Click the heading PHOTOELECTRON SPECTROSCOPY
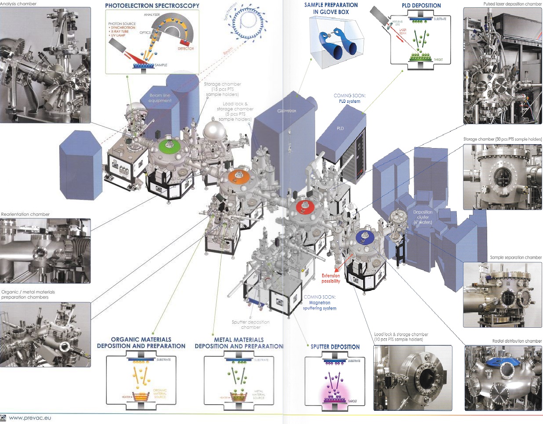152,6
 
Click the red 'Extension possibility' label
331,278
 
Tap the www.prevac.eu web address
30,418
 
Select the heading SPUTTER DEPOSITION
335,347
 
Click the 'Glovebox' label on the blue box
287,111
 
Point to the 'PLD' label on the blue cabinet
340,128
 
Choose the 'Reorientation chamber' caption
26,214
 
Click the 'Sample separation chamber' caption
516,257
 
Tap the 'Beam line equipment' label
160,98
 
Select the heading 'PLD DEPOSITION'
421,6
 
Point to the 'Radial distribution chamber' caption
517,341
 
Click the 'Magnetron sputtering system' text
320,305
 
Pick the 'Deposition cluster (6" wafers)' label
423,217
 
